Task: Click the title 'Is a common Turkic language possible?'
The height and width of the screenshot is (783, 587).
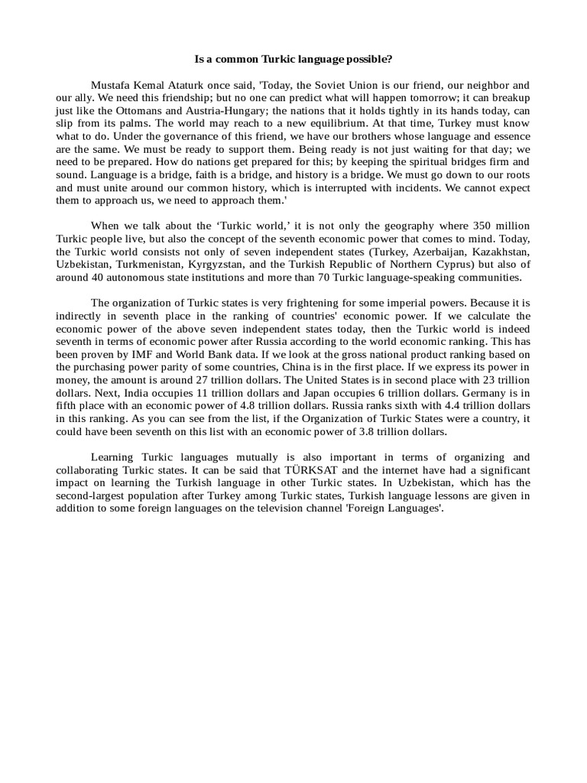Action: click(293, 59)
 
